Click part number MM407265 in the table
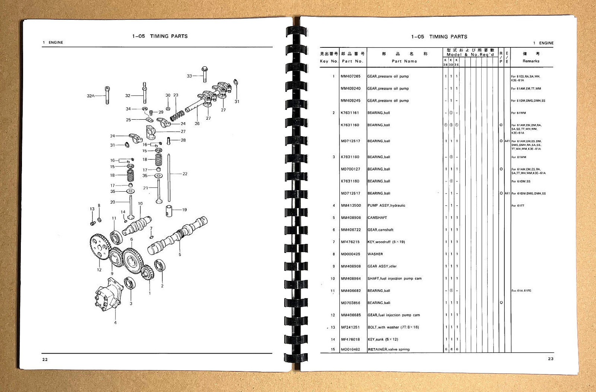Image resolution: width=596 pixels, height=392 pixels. point(350,76)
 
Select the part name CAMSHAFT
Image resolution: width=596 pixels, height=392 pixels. point(377,218)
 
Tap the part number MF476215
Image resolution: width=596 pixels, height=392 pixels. point(350,242)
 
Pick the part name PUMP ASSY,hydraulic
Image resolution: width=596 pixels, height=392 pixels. point(386,206)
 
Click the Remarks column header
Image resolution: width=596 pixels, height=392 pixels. point(531,61)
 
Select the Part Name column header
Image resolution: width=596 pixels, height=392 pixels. point(404,61)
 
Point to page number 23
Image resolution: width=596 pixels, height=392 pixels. point(551,359)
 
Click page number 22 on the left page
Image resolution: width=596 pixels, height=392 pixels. point(45,360)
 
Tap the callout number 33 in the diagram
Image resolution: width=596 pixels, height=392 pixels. point(189,76)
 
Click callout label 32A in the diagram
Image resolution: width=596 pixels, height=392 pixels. point(91,96)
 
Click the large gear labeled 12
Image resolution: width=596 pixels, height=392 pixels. point(99,247)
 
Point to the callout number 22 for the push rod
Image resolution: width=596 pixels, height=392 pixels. point(185,174)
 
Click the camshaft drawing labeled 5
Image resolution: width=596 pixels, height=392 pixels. point(179,235)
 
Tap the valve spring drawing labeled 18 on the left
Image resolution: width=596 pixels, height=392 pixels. point(130,175)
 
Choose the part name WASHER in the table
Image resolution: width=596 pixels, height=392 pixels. point(375,254)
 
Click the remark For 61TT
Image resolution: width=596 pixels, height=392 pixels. point(518,206)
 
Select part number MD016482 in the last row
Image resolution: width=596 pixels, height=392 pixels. point(350,349)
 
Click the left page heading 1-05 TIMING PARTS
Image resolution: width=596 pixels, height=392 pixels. point(160,36)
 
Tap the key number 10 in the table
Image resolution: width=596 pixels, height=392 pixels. point(333,279)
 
